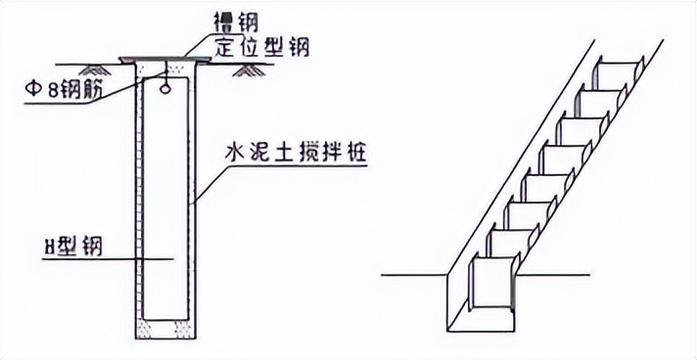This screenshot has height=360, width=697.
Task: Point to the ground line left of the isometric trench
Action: point(411,275)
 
